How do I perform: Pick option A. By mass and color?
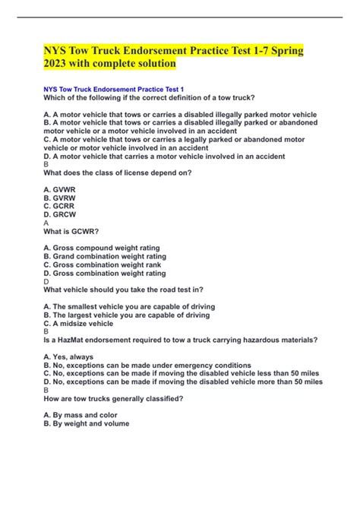point(84,415)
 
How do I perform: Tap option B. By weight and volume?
point(87,423)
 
